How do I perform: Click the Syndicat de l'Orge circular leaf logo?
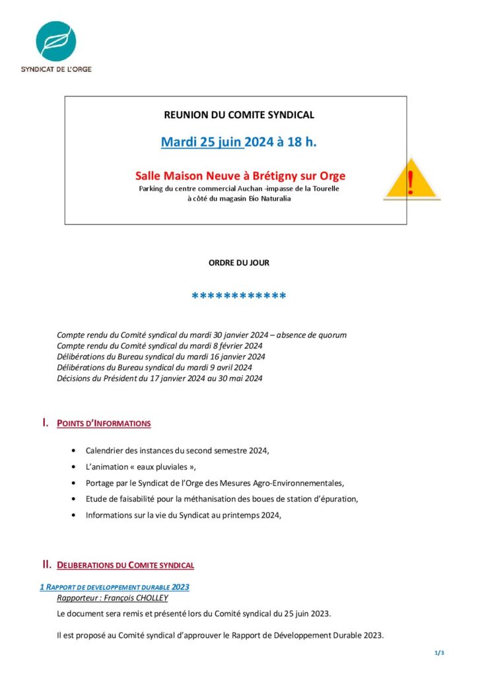pos(56,41)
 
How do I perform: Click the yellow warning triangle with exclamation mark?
pos(411,180)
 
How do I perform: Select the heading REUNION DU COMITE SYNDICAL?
pos(239,115)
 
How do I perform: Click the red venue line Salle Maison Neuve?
pos(240,176)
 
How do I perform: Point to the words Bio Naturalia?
pos(268,198)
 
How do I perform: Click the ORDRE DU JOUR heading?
pos(239,263)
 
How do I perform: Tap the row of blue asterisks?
pos(239,296)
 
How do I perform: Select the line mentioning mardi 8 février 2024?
pos(160,346)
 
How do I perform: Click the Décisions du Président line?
pos(160,378)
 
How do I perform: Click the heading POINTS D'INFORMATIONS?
pos(104,423)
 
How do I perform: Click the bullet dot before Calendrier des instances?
pos(71,450)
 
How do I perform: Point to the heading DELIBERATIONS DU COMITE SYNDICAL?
pos(125,565)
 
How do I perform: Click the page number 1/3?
pos(439,653)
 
